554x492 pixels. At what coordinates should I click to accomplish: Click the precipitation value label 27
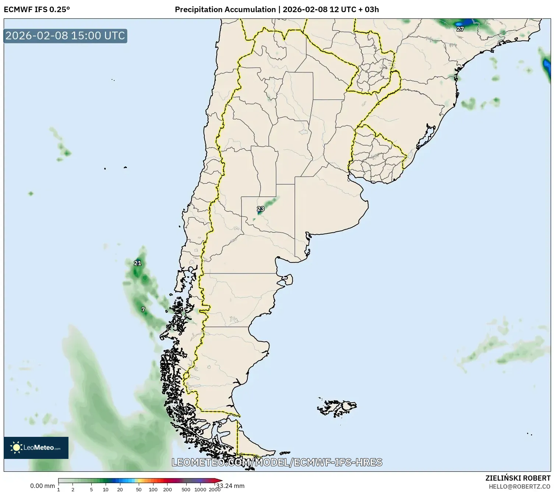coord(460,29)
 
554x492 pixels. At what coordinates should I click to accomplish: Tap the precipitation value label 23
coord(261,209)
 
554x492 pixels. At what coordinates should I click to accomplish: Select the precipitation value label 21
coord(137,263)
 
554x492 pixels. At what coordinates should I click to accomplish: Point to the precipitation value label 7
coord(143,310)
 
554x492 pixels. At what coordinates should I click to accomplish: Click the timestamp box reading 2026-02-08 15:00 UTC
coord(66,36)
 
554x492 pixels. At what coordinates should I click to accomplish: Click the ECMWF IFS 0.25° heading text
coord(36,9)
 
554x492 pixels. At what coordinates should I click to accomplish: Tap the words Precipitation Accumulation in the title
coord(225,9)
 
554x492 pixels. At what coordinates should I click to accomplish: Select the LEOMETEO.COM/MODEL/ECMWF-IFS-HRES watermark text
coord(277,462)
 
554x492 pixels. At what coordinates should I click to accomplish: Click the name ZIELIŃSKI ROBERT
coord(518,478)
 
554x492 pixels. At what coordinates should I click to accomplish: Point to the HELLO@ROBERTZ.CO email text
coord(519,486)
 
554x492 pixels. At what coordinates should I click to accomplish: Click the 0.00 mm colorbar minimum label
coord(42,486)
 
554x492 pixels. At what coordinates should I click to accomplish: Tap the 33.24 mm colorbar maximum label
coord(230,486)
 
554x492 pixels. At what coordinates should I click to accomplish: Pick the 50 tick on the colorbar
coord(139,489)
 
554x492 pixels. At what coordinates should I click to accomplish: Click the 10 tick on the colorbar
coord(106,489)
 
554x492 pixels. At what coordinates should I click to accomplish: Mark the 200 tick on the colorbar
coord(167,489)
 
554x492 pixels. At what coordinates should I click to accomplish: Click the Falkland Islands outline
coord(337,407)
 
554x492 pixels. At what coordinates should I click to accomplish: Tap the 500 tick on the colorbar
coord(186,489)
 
